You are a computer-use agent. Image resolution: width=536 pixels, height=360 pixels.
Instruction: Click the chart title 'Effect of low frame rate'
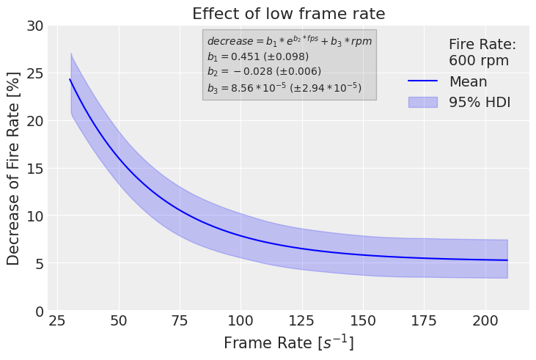click(x=288, y=13)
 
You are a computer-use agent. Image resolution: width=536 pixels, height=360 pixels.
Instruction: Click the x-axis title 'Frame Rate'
click(x=288, y=343)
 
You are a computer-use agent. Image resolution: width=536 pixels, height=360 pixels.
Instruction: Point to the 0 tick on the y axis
click(x=39, y=311)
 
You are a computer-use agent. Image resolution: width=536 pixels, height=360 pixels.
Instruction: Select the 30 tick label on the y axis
click(x=34, y=26)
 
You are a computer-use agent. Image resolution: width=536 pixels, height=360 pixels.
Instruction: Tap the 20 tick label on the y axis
click(x=34, y=121)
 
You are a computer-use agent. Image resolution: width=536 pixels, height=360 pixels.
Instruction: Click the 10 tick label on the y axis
click(x=34, y=216)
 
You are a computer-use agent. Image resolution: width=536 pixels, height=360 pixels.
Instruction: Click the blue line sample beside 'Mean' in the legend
click(x=422, y=81)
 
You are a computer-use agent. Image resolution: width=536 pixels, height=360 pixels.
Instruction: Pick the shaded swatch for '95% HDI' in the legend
click(x=422, y=103)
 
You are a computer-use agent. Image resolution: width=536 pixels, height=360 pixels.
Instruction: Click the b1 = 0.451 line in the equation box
click(x=257, y=56)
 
